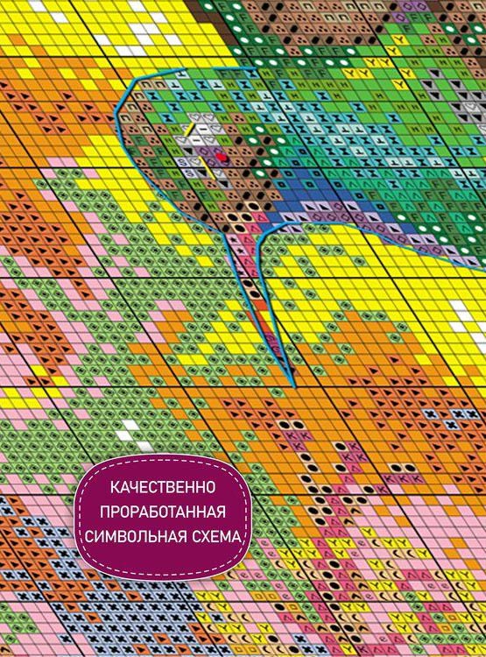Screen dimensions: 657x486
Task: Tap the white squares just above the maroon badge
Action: click(130, 429)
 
